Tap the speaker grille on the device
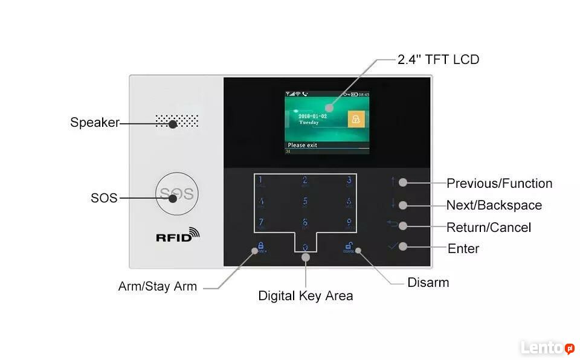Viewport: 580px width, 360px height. point(176,121)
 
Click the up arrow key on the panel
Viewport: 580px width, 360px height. point(393,181)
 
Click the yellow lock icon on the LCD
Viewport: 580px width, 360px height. point(356,119)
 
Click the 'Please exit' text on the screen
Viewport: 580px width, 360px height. point(303,145)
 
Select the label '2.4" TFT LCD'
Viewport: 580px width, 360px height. point(438,59)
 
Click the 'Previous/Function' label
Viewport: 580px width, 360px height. point(499,184)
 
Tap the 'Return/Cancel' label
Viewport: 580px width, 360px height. point(489,228)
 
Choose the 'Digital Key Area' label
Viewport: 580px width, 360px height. point(305,296)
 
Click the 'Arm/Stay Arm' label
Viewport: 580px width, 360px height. point(158,286)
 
